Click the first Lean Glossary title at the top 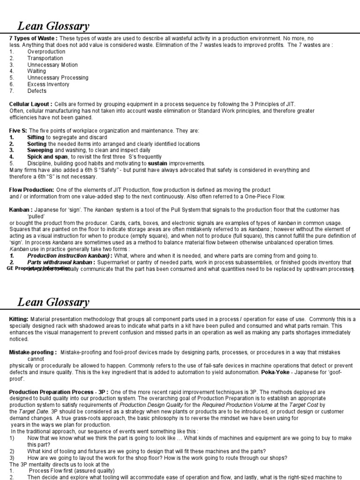pyautogui.click(x=53, y=25)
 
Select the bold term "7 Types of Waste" pyautogui.click(x=31, y=38)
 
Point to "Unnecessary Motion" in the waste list pyautogui.click(x=52, y=65)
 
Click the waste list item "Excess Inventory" pyautogui.click(x=48, y=84)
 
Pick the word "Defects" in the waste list pyautogui.click(x=37, y=91)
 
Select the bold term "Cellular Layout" pyautogui.click(x=30, y=104)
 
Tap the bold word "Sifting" pyautogui.click(x=36, y=137)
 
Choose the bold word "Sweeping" pyautogui.click(x=40, y=150)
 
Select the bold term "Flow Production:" pyautogui.click(x=32, y=189)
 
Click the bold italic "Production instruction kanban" pyautogui.click(x=68, y=256)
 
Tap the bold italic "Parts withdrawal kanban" pyautogui.click(x=61, y=262)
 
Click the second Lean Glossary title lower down pyautogui.click(x=53, y=302)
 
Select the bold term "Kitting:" pyautogui.click(x=19, y=319)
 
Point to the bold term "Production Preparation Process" pyautogui.click(x=49, y=391)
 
